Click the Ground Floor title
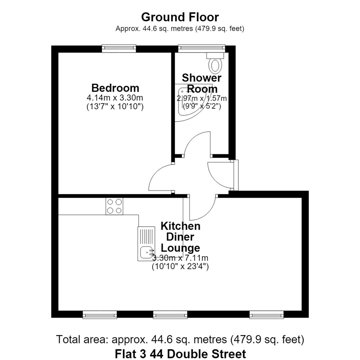click(x=180, y=17)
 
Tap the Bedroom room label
click(x=115, y=88)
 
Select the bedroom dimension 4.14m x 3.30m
click(x=115, y=98)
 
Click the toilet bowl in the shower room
click(x=215, y=65)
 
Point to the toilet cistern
click(x=215, y=55)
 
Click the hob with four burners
click(x=114, y=206)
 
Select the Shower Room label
click(x=202, y=83)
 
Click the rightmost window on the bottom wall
click(x=267, y=314)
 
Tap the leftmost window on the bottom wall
click(x=100, y=314)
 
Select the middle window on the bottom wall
click(x=170, y=314)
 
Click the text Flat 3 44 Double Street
click(x=180, y=354)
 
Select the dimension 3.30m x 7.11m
click(x=180, y=258)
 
